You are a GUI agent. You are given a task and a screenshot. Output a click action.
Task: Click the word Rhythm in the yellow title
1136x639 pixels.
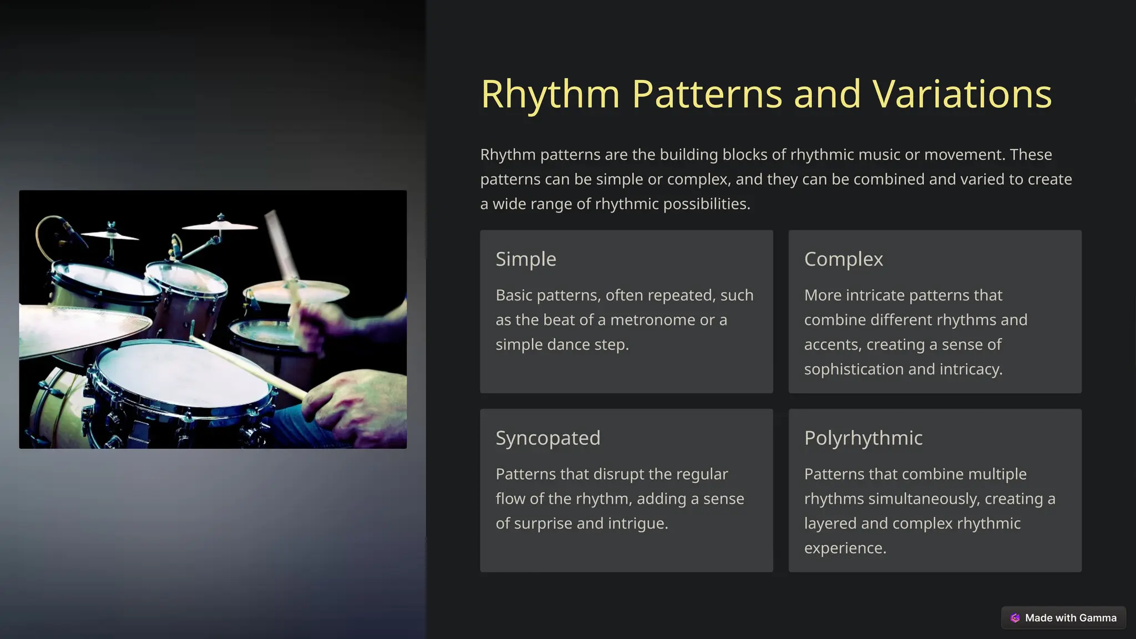point(550,94)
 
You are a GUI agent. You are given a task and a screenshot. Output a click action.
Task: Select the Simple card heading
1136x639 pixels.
point(526,259)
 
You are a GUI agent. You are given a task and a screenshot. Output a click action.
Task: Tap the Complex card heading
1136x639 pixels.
point(843,259)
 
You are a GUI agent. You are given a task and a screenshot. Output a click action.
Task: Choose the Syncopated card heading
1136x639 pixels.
point(547,438)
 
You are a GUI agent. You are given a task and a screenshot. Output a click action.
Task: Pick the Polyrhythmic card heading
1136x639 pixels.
point(863,438)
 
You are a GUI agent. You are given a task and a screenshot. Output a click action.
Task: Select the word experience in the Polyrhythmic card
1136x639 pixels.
point(845,548)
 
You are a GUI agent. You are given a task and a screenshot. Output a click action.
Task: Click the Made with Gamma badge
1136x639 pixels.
point(1063,618)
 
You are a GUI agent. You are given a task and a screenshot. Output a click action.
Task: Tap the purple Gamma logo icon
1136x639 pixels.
point(1015,618)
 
